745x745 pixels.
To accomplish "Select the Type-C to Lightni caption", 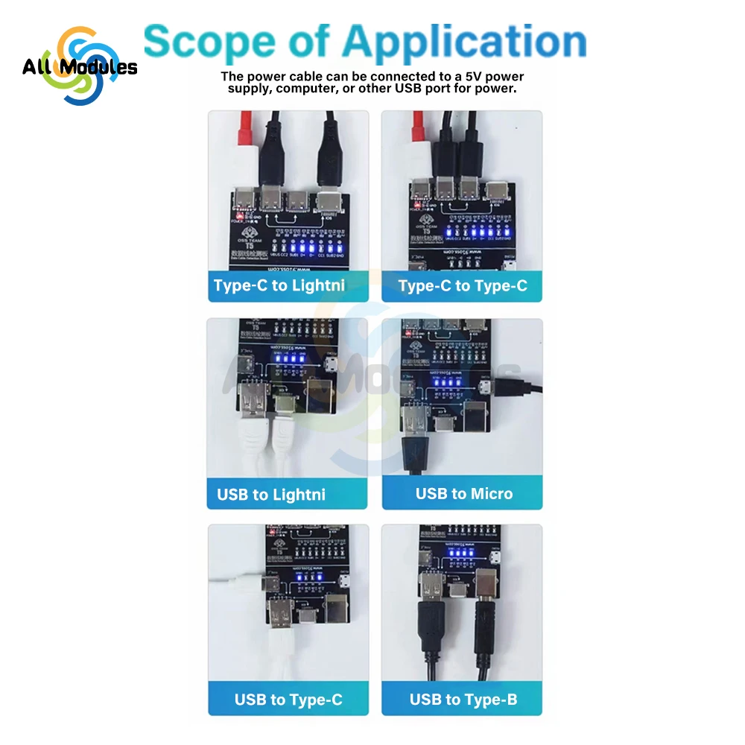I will (279, 285).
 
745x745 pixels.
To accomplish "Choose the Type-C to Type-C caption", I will (463, 285).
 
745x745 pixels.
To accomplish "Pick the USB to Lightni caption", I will (271, 494).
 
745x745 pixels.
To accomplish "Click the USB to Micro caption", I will (464, 493).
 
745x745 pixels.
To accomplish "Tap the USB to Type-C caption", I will (288, 700).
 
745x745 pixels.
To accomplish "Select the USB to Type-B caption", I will (463, 700).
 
